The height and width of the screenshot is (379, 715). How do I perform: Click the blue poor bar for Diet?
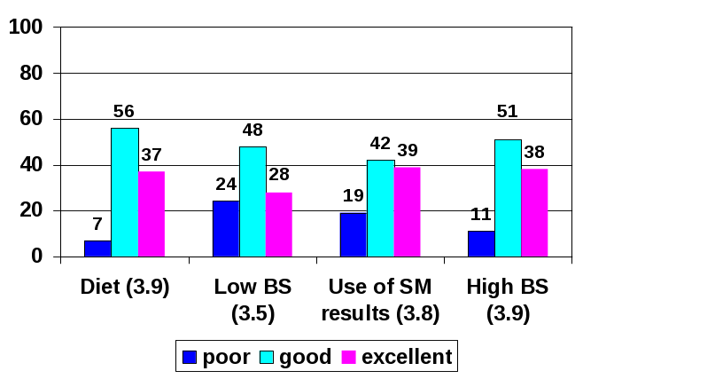point(97,249)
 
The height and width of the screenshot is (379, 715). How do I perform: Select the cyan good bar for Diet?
point(124,193)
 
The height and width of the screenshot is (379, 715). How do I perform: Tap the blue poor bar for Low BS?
point(226,229)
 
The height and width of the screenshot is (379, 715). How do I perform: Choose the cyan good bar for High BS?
point(508,198)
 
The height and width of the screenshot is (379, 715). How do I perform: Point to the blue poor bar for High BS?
point(482,244)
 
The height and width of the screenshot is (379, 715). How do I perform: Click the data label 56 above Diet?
point(124,112)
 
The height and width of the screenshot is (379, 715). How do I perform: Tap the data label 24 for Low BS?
point(226,185)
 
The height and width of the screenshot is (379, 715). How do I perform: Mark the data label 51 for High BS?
point(508,112)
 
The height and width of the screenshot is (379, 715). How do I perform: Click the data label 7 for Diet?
point(98,225)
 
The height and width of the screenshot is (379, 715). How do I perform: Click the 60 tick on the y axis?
point(32,119)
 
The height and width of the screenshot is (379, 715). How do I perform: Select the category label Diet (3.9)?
point(124,288)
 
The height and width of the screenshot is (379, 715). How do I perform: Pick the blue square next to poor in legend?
point(189,358)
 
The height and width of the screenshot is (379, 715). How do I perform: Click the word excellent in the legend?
point(407,358)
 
